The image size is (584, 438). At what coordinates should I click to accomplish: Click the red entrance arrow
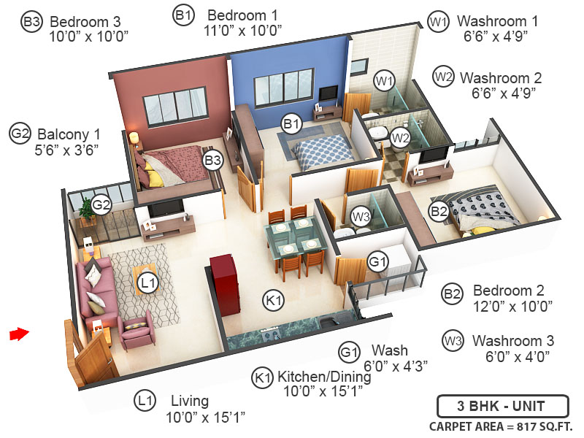tap(18, 334)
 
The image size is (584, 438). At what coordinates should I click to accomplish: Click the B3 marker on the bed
tap(212, 160)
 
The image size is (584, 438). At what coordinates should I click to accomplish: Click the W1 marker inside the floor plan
tap(384, 80)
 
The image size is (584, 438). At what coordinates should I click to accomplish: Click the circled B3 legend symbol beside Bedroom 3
tap(31, 23)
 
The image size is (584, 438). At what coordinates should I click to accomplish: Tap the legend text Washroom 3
tap(512, 341)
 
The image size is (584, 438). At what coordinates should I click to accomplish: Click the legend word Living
tap(190, 401)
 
